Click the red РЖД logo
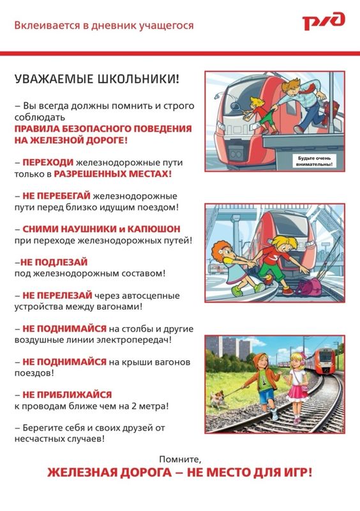click(324, 21)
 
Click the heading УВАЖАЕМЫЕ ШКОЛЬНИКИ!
click(97, 79)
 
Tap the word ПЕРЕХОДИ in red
click(48, 162)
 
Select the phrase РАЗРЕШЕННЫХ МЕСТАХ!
click(112, 174)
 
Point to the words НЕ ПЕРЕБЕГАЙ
click(56, 196)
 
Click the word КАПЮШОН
click(154, 229)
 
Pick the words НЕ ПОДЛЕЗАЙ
click(54, 262)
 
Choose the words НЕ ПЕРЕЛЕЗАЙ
click(57, 295)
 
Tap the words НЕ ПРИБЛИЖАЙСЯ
click(67, 395)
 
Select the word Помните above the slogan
click(180, 459)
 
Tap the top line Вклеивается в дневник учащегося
click(104, 26)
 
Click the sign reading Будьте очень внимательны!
click(314, 162)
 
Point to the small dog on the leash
click(217, 399)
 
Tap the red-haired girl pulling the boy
click(233, 266)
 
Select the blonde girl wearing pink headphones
click(296, 387)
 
